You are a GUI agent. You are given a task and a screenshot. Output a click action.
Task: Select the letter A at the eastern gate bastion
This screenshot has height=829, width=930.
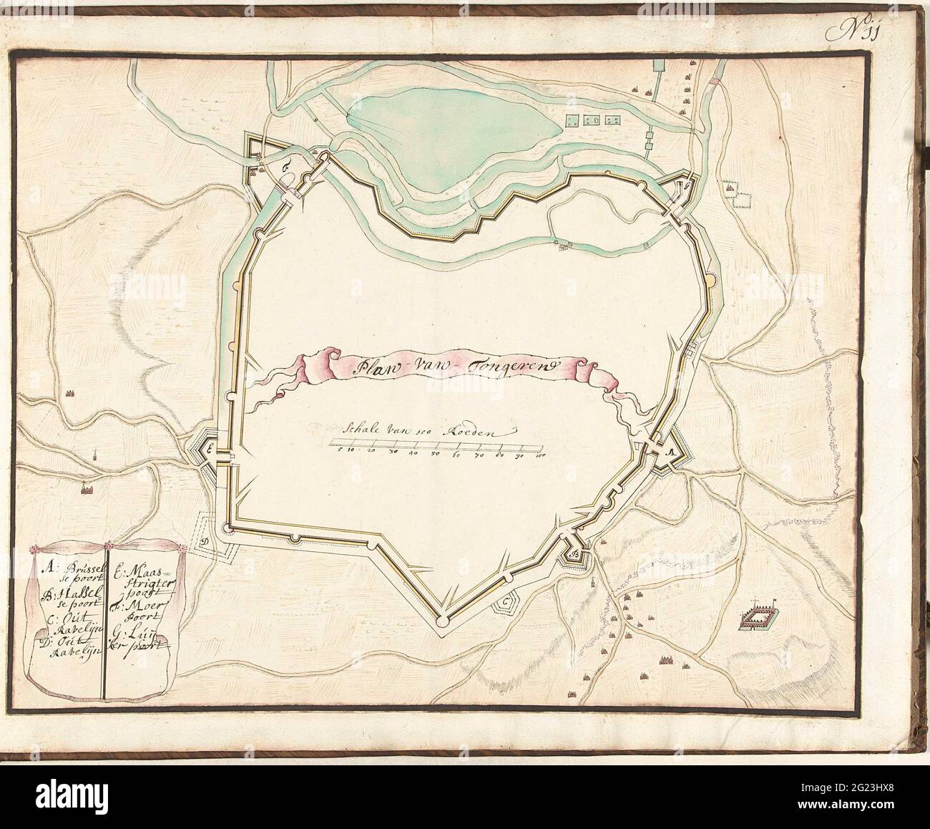click(670, 452)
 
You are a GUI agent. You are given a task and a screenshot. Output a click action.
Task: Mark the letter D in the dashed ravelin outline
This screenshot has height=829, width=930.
click(205, 542)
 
